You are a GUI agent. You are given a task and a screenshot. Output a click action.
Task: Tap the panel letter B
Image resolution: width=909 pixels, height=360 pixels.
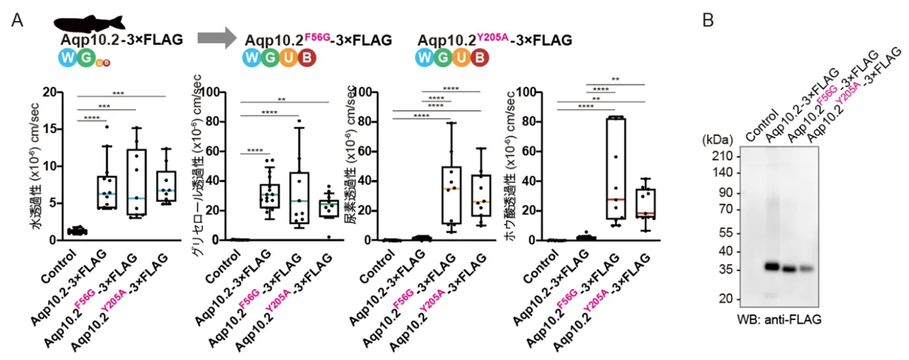click(708, 20)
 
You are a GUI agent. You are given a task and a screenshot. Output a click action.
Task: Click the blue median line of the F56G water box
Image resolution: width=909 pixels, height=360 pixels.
click(137, 198)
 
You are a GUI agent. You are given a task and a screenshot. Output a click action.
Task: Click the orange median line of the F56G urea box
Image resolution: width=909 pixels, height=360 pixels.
click(451, 189)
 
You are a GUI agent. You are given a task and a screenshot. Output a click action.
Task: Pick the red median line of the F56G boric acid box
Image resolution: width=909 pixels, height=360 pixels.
click(615, 199)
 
